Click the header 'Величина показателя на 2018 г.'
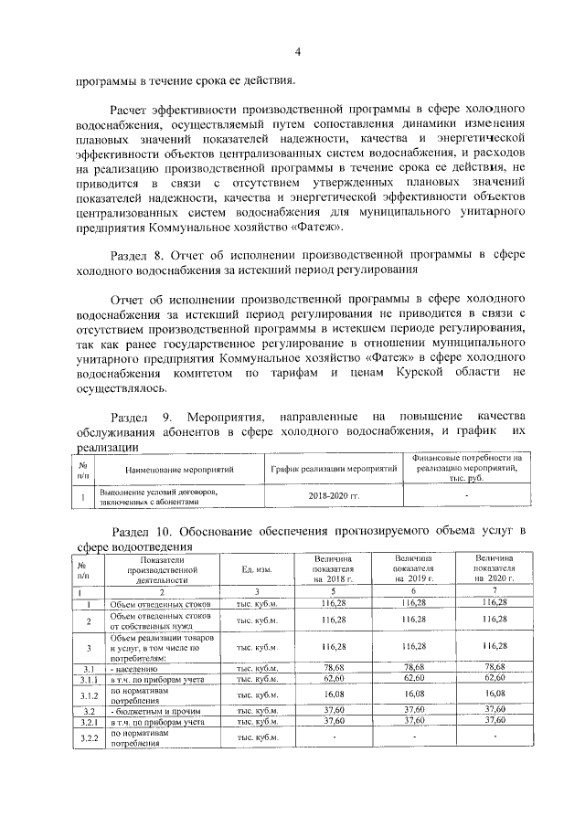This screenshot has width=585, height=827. click(332, 568)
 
